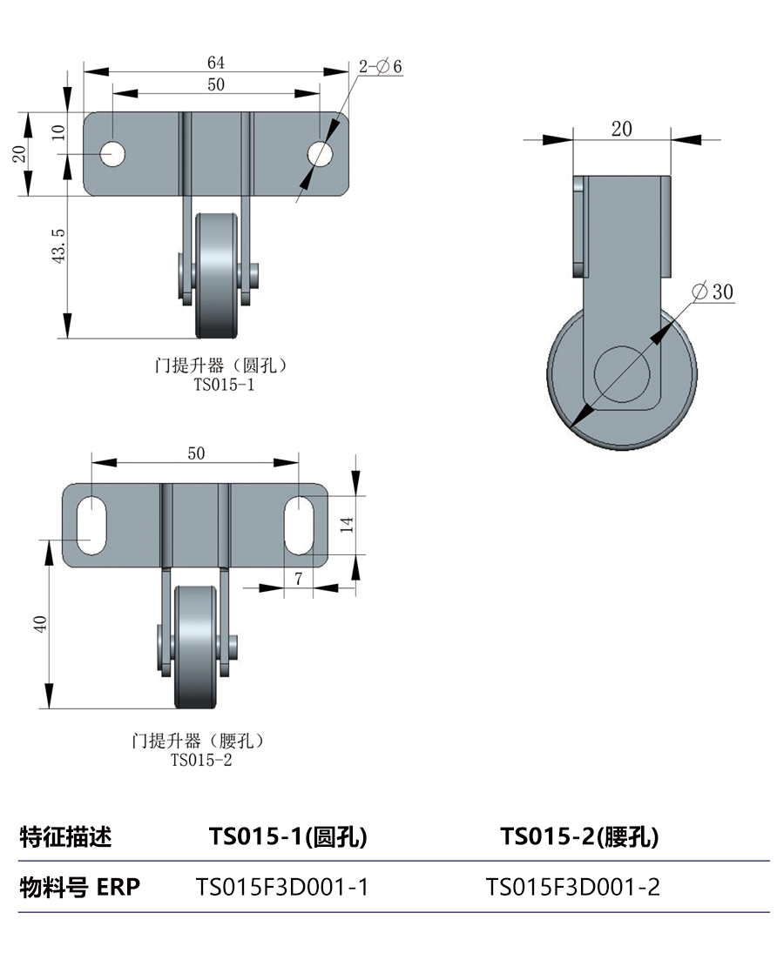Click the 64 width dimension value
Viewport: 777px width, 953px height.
click(216, 63)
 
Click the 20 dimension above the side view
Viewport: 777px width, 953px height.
click(621, 129)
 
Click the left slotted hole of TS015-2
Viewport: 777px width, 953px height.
click(90, 524)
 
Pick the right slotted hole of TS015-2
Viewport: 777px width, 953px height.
click(299, 524)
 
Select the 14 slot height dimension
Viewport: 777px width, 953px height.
click(347, 524)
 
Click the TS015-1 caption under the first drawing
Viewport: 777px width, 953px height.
click(224, 384)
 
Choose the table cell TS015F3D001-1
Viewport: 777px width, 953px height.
click(282, 887)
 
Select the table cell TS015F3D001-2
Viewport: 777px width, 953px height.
click(572, 887)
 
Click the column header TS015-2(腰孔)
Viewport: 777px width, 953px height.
click(579, 837)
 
